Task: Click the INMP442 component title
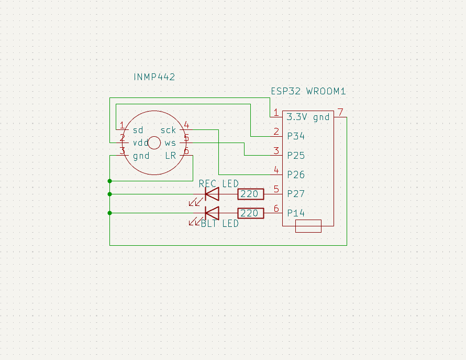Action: coord(154,77)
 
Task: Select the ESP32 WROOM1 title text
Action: coord(308,91)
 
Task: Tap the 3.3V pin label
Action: coord(297,117)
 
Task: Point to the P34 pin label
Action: coord(296,136)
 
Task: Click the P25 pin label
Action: coord(296,156)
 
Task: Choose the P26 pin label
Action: coord(296,174)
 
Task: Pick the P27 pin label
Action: coord(296,194)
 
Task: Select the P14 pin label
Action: coord(296,213)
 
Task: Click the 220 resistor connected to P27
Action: coord(251,194)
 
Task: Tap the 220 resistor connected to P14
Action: coord(251,213)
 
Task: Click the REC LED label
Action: coord(218,184)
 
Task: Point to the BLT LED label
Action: coord(219,224)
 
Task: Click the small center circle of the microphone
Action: coord(154,143)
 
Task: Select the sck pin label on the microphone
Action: coord(168,130)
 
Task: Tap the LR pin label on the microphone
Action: coord(171,156)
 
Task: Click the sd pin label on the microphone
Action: coord(138,130)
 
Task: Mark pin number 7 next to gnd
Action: coord(340,112)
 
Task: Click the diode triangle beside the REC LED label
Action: coord(212,194)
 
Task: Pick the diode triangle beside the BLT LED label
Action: coord(212,213)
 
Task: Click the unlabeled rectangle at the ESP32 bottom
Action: coord(308,226)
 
